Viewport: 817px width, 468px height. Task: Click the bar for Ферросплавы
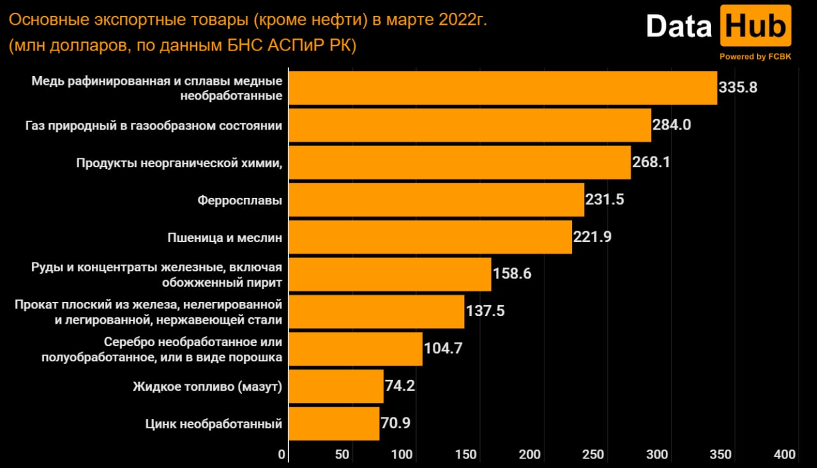437,200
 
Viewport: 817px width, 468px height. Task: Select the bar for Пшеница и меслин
430,237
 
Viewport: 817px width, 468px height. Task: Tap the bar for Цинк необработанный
334,424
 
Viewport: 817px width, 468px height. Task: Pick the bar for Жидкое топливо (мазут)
336,386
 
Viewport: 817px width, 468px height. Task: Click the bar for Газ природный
470,125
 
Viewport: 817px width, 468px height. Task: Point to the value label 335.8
738,87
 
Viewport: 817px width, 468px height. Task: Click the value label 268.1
651,162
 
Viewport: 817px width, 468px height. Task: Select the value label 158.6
512,273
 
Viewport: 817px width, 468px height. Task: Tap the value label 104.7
443,349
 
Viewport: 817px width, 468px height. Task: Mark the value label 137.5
485,311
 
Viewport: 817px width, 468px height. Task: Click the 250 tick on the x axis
593,455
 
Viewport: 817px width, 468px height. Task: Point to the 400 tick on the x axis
784,455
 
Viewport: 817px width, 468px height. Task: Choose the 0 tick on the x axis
281,455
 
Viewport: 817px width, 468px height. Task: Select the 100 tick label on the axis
402,455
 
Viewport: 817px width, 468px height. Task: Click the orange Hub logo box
756,26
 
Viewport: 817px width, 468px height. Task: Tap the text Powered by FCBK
755,57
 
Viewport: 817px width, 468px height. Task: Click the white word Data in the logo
678,26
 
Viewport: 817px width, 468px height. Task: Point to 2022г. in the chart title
463,20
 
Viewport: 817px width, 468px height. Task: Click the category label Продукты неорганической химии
179,163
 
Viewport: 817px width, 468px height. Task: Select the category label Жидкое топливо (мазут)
207,387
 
